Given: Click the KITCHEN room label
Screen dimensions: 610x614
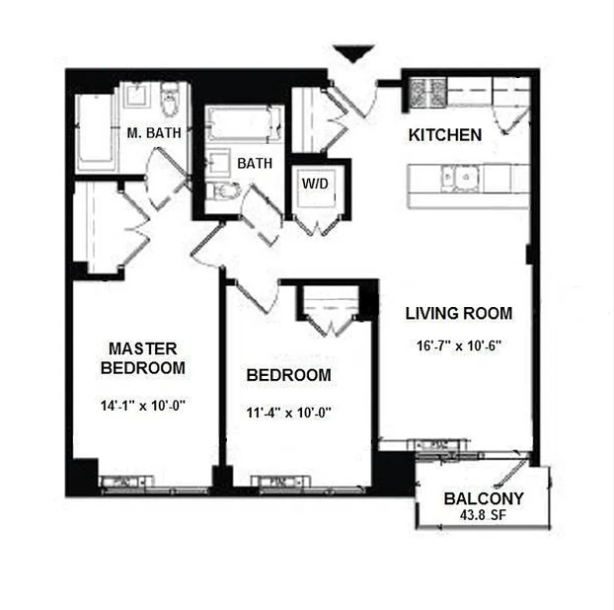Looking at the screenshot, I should click(x=445, y=135).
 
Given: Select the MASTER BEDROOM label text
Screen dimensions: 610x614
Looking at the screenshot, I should click(x=143, y=358).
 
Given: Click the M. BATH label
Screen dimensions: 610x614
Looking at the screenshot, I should click(x=152, y=132).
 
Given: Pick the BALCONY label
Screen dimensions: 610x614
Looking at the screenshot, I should click(x=483, y=498).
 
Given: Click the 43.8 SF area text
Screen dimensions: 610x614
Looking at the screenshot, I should click(x=483, y=515).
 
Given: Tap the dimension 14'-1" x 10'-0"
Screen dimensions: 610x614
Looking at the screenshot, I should click(x=143, y=405).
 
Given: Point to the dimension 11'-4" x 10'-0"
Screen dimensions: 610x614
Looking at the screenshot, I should click(x=287, y=414).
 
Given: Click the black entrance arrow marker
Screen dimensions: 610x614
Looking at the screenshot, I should click(x=352, y=54).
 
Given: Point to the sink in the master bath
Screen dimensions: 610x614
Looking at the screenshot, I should click(x=135, y=97).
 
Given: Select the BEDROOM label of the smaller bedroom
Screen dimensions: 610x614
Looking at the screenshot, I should click(x=288, y=375).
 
